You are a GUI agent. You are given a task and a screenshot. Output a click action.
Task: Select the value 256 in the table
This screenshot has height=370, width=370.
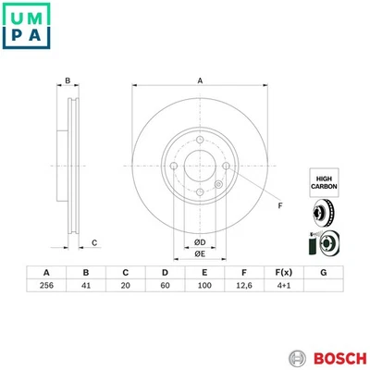pyautogui.click(x=46, y=287)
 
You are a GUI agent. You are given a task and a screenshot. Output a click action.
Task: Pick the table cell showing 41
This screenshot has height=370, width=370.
pyautogui.click(x=85, y=287)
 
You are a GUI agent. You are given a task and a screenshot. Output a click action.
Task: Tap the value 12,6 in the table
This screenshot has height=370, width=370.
pyautogui.click(x=242, y=287)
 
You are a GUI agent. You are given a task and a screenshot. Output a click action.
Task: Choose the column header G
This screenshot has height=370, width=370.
pyautogui.click(x=322, y=272)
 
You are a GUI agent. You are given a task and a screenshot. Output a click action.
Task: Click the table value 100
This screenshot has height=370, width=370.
pyautogui.click(x=203, y=287)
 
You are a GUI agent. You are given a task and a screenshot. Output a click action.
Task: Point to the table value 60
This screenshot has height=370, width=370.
pyautogui.click(x=164, y=287)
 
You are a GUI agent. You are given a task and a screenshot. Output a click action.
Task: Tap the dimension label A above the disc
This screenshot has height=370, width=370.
pyautogui.click(x=200, y=81)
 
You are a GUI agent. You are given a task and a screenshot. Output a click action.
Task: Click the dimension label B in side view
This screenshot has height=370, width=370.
pyautogui.click(x=68, y=81)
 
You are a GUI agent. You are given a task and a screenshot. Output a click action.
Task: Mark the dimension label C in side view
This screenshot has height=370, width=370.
pyautogui.click(x=94, y=242)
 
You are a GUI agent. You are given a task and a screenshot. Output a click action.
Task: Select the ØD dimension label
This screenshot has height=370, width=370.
pyautogui.click(x=199, y=243)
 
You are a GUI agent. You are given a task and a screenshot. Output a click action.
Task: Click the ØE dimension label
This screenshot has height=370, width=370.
pyautogui.click(x=199, y=255)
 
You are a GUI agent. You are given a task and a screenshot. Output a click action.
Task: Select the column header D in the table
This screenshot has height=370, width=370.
pyautogui.click(x=164, y=272)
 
